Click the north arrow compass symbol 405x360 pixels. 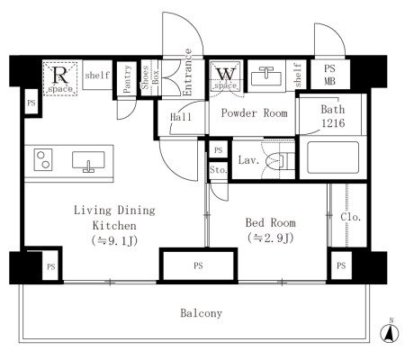[x=390, y=332]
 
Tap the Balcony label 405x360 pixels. [x=202, y=313]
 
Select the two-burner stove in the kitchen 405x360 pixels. [x=43, y=160]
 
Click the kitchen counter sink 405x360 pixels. [x=88, y=161]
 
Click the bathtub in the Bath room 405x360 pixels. [x=333, y=157]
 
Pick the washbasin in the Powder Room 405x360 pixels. [x=266, y=76]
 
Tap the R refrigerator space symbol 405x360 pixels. [x=60, y=78]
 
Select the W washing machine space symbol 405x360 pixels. [x=226, y=76]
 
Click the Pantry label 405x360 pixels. [x=127, y=79]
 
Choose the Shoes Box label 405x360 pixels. [x=150, y=77]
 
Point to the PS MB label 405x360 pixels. [x=329, y=75]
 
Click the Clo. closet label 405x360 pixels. [x=350, y=217]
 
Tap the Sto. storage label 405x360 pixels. [x=219, y=170]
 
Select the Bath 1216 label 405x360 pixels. [x=333, y=116]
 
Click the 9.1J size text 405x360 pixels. [x=114, y=240]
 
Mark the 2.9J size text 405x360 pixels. [x=271, y=238]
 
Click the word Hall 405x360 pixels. [x=181, y=117]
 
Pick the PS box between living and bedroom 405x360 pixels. [x=198, y=265]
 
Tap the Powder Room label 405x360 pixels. [x=255, y=113]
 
